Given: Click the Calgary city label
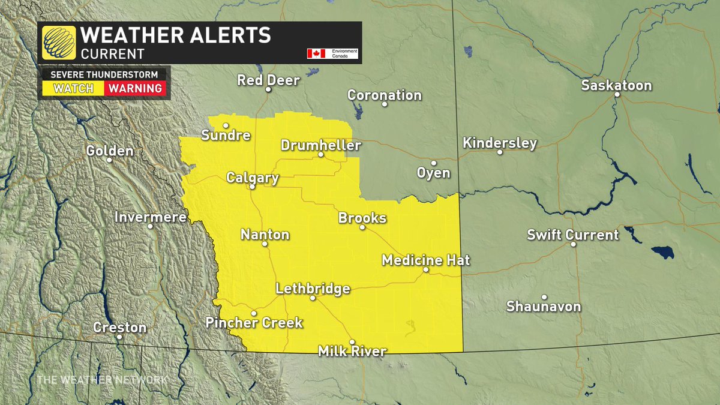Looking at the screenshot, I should [x=252, y=178].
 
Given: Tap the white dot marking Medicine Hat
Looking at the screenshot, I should [x=425, y=270].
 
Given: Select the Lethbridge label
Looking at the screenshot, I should [x=313, y=289].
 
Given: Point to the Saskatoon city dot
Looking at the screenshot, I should [x=616, y=95].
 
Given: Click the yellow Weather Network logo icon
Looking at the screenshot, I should [x=59, y=42].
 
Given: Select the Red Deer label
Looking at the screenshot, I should [x=268, y=80].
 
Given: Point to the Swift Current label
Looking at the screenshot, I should [x=572, y=235].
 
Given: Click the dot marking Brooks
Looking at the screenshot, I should [x=362, y=227].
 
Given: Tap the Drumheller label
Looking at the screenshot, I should [x=320, y=145].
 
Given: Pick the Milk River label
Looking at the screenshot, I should [x=352, y=351].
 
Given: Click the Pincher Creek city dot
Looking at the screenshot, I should [x=254, y=313].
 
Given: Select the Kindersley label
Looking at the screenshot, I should [x=500, y=143].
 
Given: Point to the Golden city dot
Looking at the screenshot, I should [x=109, y=160].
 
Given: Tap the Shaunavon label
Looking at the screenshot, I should [x=544, y=307].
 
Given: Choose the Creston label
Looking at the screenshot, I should [x=120, y=328].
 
